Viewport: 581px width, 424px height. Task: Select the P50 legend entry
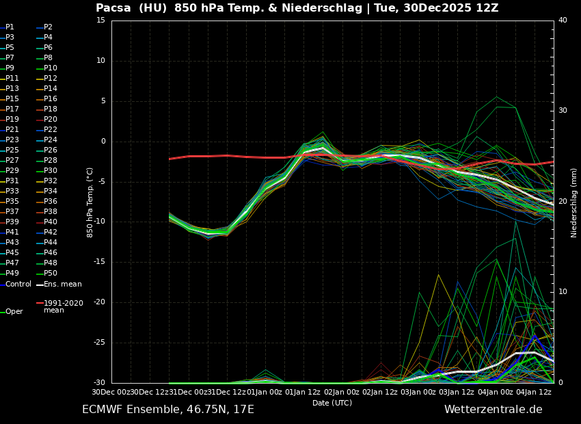(x=50, y=274)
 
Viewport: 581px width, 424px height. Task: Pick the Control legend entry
(x=18, y=284)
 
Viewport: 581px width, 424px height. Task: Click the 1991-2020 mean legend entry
(x=63, y=306)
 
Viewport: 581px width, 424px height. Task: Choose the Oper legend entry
(x=14, y=312)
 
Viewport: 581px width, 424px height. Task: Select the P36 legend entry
(x=50, y=202)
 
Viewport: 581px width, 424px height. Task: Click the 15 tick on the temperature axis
(x=100, y=21)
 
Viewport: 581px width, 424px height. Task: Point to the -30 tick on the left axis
(x=99, y=383)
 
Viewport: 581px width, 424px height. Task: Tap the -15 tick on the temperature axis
(x=99, y=262)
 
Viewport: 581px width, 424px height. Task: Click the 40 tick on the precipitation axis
(x=563, y=21)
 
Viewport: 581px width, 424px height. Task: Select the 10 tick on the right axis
(x=563, y=292)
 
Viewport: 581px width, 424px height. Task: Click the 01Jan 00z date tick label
(x=264, y=392)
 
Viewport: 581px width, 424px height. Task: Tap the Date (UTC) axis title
(x=332, y=403)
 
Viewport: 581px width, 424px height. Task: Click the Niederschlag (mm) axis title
(x=574, y=202)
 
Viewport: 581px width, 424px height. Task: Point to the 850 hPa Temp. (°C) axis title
(x=90, y=202)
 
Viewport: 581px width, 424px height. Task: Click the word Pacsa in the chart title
(x=113, y=8)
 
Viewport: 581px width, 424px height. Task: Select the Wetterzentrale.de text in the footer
(x=493, y=410)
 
